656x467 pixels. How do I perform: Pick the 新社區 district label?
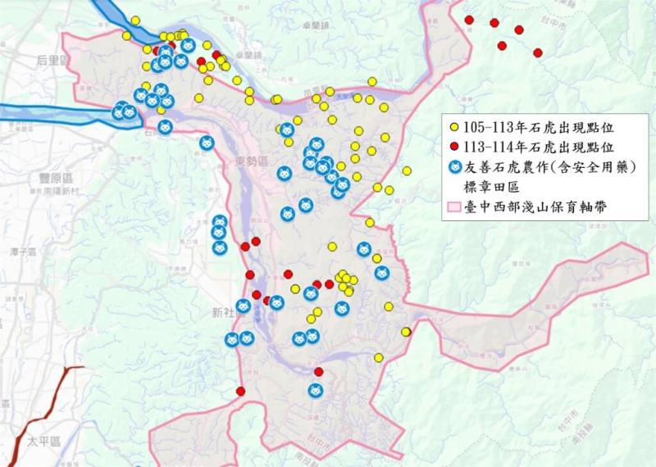pos(223,312)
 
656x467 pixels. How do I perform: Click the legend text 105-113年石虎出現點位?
pos(537,128)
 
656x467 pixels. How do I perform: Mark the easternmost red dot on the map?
pos(538,52)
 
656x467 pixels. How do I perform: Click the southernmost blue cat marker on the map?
pos(315,391)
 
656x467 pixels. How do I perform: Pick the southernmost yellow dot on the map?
pos(379,357)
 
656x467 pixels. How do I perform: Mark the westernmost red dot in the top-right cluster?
pos(469,20)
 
